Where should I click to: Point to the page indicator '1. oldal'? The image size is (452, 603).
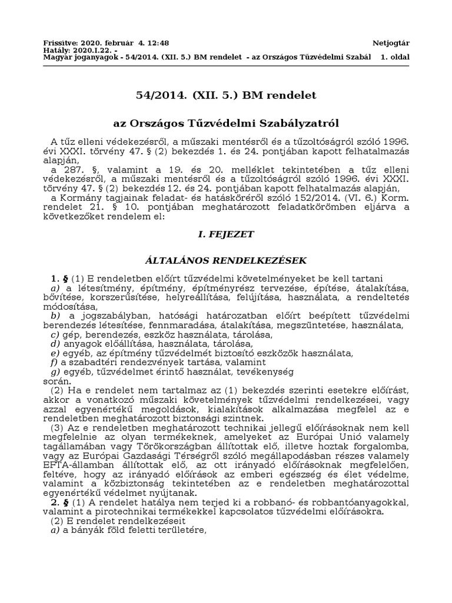(x=395, y=57)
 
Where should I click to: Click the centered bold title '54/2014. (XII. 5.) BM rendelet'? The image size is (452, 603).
(x=226, y=95)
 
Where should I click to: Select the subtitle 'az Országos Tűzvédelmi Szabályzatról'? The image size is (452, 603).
(x=226, y=123)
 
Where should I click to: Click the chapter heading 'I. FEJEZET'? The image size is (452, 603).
(x=226, y=234)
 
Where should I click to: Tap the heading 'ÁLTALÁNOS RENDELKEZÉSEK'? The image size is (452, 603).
(x=226, y=260)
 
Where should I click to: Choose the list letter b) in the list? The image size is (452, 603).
(x=56, y=316)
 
